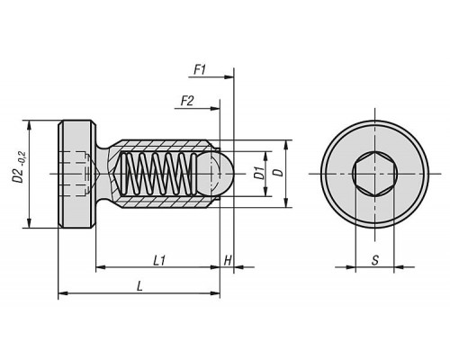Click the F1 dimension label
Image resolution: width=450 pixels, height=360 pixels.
(x=200, y=70)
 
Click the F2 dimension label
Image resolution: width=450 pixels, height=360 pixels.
(x=187, y=101)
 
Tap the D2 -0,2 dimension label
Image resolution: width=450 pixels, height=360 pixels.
(x=20, y=167)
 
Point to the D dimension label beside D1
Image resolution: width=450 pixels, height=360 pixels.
(x=279, y=173)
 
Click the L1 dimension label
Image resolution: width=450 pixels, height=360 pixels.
(x=159, y=260)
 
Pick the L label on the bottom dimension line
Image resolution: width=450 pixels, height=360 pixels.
(x=139, y=286)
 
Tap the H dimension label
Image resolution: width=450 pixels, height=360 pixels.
(x=228, y=260)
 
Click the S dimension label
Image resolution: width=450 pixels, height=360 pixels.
(x=375, y=260)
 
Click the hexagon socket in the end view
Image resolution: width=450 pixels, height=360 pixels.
(x=374, y=174)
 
